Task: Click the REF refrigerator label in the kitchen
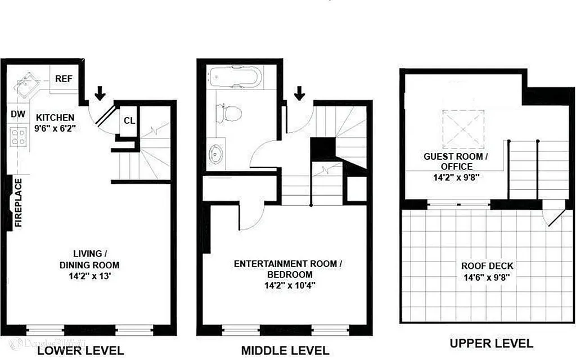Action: pos(64,79)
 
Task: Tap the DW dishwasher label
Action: pos(18,114)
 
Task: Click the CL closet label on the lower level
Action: pos(129,120)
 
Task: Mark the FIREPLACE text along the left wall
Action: pos(18,202)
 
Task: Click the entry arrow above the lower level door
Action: pos(100,93)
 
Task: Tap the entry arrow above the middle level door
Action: pos(299,93)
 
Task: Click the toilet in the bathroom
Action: pos(230,113)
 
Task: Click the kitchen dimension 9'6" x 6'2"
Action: pos(55,128)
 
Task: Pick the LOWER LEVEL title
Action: pos(80,350)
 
